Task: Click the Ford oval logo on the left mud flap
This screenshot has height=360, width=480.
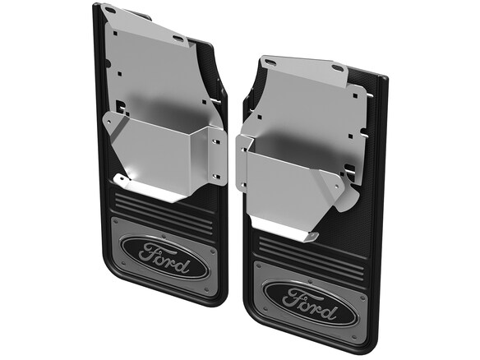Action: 165,257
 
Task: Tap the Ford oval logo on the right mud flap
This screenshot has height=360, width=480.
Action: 311,304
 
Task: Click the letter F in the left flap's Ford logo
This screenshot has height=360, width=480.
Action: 150,252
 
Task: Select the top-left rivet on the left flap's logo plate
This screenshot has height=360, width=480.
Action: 115,221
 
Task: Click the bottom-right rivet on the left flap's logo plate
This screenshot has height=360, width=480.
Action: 206,289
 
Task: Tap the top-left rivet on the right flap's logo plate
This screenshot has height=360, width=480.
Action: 258,265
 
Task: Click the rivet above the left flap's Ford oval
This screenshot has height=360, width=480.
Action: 164,236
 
